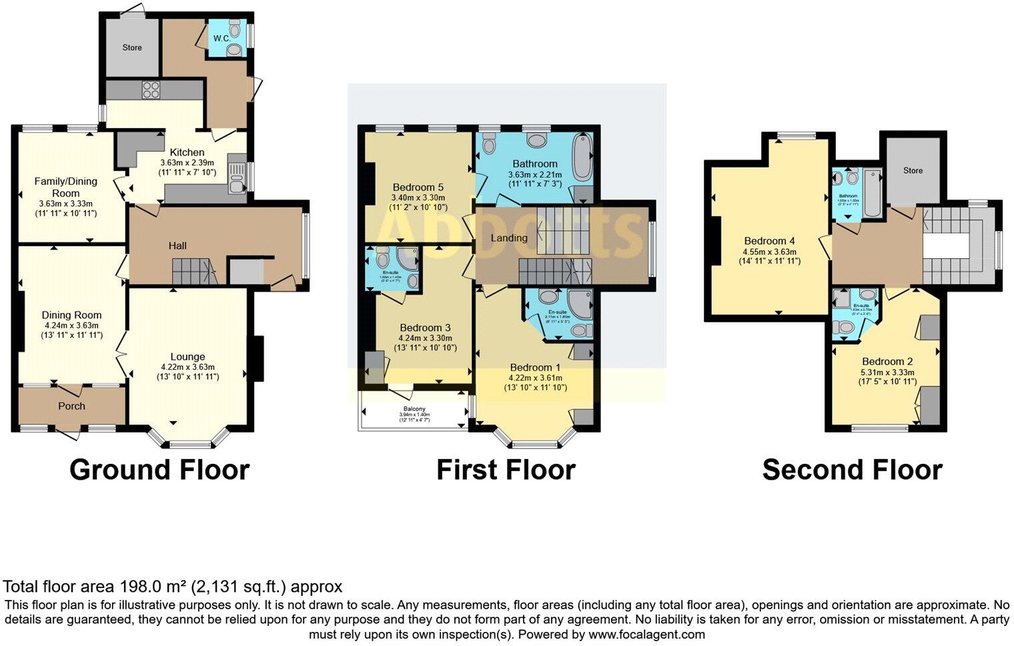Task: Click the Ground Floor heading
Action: click(159, 470)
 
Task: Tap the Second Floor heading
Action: click(852, 470)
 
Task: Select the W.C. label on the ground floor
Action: click(221, 38)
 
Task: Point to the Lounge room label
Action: click(187, 356)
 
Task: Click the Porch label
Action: click(71, 406)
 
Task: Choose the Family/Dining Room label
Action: click(66, 186)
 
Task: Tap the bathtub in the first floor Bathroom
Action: click(582, 157)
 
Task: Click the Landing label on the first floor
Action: click(509, 238)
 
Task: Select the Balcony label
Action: click(414, 409)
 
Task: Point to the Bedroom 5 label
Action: click(418, 187)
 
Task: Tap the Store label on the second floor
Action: click(913, 170)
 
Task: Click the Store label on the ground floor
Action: click(132, 47)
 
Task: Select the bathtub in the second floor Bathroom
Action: click(872, 194)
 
